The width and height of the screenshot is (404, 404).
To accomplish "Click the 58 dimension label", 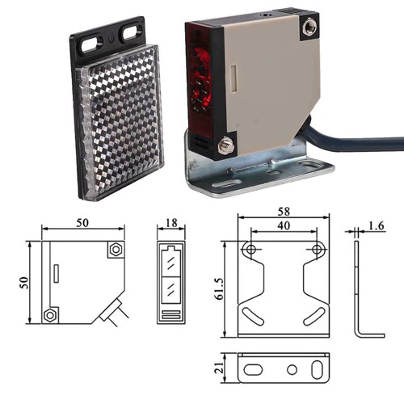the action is [284, 212].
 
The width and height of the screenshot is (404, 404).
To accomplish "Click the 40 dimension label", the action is [284, 225].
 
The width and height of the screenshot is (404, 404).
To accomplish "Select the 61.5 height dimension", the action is [219, 289].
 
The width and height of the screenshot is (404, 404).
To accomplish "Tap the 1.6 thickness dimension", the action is [377, 225].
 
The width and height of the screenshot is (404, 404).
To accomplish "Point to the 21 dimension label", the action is [219, 368].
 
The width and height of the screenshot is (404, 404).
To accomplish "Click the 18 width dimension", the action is [171, 223].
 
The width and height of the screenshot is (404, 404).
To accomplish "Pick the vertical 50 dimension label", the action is [24, 283].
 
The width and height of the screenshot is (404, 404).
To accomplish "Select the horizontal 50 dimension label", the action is [82, 223].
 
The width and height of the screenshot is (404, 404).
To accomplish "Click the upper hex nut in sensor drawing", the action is [116, 250].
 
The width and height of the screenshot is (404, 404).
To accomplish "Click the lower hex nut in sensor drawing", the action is [49, 315].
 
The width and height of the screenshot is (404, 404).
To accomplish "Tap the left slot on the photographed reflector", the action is [92, 44].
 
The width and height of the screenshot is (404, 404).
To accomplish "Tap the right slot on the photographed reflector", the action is [133, 33].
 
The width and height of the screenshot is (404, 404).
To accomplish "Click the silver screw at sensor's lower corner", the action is [226, 145].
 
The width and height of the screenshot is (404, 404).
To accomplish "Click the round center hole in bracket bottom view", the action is [292, 369].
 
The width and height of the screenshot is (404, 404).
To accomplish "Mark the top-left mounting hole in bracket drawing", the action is [251, 249].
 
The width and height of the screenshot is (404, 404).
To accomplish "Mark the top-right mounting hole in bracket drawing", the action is [317, 249].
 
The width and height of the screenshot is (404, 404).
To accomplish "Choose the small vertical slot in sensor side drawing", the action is [57, 273].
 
